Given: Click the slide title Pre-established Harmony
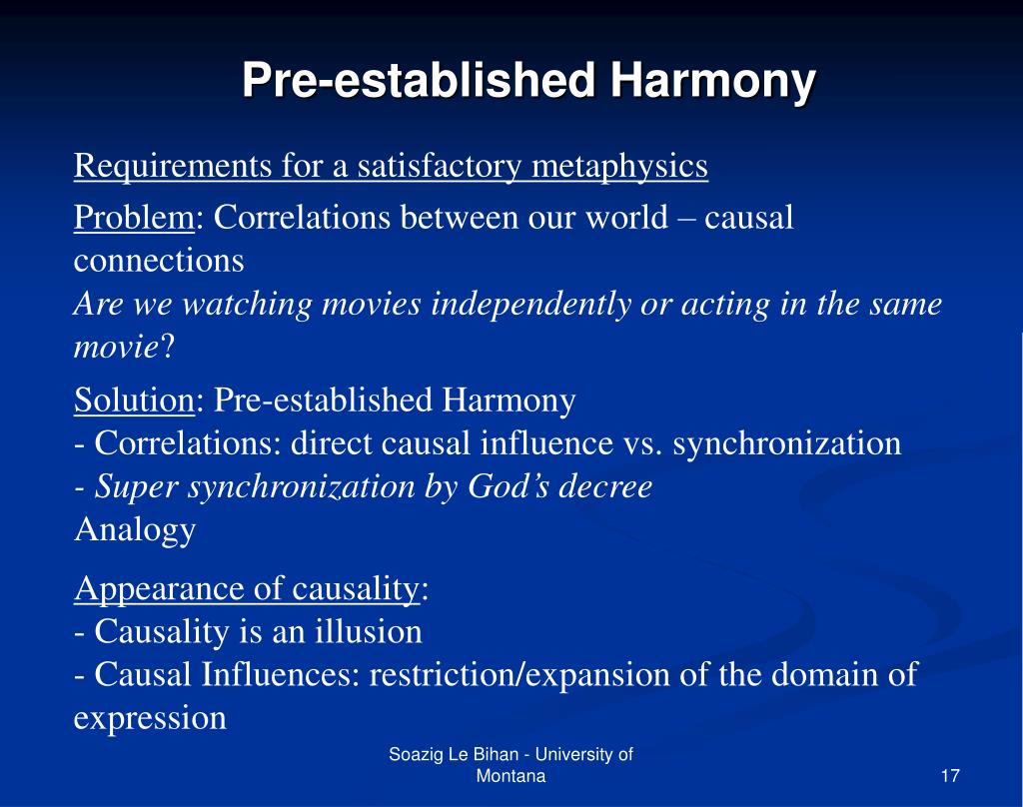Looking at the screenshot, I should (x=528, y=82).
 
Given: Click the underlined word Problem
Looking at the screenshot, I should (x=134, y=218).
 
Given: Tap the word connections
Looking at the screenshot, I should (x=159, y=261).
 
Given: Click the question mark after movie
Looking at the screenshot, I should (x=168, y=348).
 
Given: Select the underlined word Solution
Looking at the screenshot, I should (x=134, y=401).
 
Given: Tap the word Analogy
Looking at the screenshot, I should (x=135, y=529).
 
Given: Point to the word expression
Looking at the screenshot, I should (x=151, y=718).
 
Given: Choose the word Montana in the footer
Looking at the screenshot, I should (x=511, y=777).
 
